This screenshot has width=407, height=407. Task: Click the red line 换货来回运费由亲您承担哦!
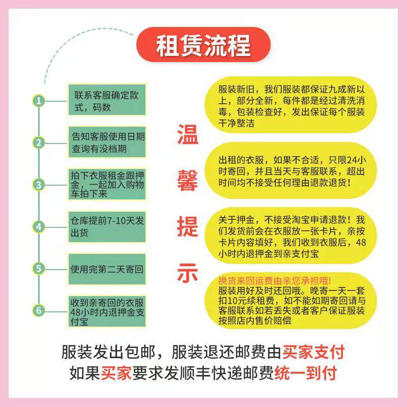click(274, 280)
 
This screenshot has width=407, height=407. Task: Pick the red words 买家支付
click(314, 352)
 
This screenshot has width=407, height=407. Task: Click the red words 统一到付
click(305, 374)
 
